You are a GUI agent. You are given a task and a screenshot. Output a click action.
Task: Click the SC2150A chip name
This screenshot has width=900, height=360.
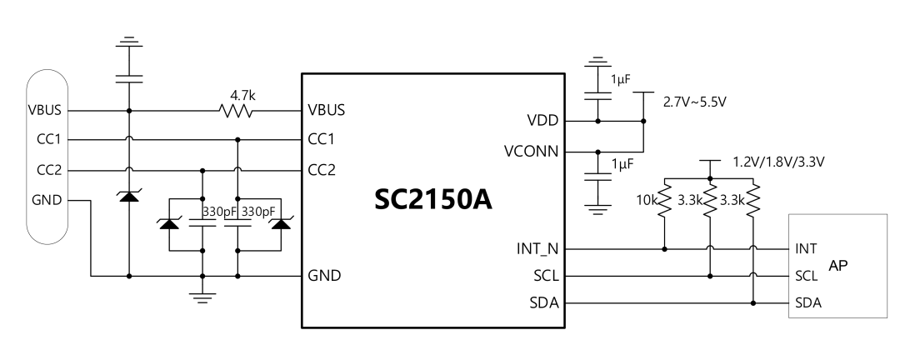433,199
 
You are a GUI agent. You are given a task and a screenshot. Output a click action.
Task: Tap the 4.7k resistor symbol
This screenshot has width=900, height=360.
236,110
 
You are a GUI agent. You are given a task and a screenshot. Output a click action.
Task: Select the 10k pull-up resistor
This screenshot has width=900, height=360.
664,200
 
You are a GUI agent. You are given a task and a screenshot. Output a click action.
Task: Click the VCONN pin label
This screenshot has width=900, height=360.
532,152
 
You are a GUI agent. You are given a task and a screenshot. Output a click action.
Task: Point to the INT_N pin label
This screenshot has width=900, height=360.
537,249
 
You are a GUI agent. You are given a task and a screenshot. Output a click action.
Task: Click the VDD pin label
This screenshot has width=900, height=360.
543,121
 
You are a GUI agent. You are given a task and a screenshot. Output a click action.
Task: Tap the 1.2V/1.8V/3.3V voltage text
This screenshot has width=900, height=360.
779,162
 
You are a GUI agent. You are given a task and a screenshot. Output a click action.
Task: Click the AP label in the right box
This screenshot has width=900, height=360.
838,265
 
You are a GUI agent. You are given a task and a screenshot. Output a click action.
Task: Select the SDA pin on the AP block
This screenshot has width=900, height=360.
808,303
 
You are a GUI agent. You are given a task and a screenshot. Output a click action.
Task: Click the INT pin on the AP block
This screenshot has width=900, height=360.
806,248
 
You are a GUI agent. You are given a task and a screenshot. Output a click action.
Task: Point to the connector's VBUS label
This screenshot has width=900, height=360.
45,110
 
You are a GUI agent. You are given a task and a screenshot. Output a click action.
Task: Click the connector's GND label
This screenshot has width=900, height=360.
47,200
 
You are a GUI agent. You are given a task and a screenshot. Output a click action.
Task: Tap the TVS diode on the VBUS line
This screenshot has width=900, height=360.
128,197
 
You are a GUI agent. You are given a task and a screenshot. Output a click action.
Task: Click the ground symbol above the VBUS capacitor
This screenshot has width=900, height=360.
128,42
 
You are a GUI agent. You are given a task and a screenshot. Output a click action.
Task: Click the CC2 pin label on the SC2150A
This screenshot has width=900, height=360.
322,171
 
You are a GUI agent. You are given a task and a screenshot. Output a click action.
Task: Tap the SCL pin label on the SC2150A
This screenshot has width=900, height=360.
546,276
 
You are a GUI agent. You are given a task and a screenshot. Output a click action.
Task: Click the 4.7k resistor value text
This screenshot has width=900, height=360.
242,95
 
